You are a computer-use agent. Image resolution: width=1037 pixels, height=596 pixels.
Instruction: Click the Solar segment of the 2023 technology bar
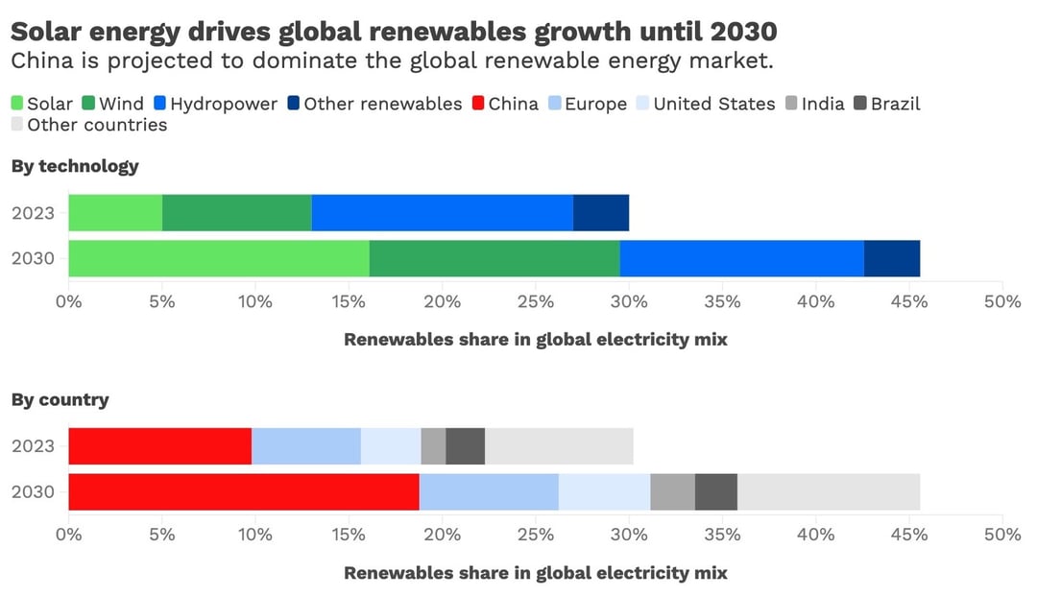pos(115,212)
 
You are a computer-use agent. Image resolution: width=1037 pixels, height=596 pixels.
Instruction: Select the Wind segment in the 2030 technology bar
pos(494,258)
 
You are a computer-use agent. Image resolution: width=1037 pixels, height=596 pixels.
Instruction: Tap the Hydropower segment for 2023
pos(442,212)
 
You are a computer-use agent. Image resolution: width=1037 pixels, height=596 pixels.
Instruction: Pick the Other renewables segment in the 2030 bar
pos(892,258)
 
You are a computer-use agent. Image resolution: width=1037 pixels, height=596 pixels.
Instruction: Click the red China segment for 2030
pos(244,491)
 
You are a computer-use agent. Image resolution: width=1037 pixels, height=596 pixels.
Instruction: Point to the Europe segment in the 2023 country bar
pos(305,445)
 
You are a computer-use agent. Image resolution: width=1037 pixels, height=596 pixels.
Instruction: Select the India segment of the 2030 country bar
pos(672,491)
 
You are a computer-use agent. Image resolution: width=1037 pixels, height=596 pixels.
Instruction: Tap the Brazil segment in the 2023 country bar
pos(465,445)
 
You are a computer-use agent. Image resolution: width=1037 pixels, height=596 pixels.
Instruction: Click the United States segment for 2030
pos(604,491)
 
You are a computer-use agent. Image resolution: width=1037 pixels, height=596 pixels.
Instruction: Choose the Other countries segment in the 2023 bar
pos(559,445)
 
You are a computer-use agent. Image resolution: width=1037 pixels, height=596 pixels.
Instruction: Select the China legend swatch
pos(478,104)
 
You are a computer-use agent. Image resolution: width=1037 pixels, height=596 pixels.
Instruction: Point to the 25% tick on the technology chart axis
pos(535,301)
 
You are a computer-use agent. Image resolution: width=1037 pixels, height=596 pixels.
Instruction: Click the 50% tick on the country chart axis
pos(1001,535)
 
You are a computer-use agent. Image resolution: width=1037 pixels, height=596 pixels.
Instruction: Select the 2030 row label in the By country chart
pos(33,492)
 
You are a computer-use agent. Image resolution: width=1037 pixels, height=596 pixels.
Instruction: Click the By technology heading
pos(75,166)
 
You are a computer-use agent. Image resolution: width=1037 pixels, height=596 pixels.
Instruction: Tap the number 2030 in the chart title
pos(744,32)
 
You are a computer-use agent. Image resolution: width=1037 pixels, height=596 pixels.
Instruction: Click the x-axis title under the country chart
pos(535,573)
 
